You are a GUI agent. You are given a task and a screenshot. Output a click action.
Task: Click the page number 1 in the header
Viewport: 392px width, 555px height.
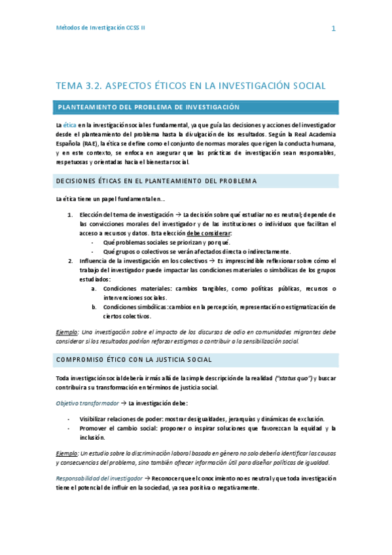(x=334, y=29)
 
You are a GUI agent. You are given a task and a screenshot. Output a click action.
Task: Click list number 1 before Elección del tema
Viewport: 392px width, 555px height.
(x=71, y=214)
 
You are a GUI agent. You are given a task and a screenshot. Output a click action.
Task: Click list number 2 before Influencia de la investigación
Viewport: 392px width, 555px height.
(x=71, y=260)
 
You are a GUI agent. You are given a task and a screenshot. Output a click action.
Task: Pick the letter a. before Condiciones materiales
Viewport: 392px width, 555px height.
(x=94, y=289)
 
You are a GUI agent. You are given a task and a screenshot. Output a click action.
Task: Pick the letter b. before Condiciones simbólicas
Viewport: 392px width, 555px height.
(x=94, y=307)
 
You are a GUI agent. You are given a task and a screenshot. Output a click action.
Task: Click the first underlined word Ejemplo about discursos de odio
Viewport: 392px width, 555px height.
(x=68, y=332)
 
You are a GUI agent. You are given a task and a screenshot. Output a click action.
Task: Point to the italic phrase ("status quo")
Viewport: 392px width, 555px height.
(x=294, y=378)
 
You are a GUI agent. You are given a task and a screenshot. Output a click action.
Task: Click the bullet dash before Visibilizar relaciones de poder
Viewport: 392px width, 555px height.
(x=69, y=419)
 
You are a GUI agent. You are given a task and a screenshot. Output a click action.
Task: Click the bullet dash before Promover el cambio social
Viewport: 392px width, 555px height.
(x=69, y=428)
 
